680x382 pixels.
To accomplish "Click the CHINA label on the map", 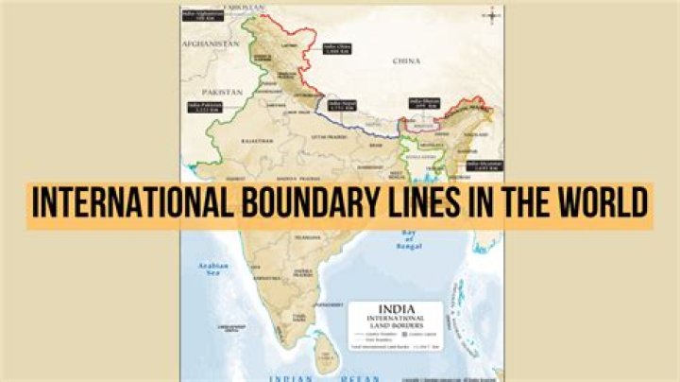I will pyautogui.click(x=406, y=61).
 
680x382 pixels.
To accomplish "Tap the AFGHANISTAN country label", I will pyautogui.click(x=209, y=44).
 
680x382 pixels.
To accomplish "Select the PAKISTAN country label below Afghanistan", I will pyautogui.click(x=224, y=92).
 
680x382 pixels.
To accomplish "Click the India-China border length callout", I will pyautogui.click(x=337, y=48).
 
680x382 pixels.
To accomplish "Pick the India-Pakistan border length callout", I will pyautogui.click(x=203, y=108).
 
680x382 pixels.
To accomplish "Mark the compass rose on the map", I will pyautogui.click(x=492, y=14).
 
